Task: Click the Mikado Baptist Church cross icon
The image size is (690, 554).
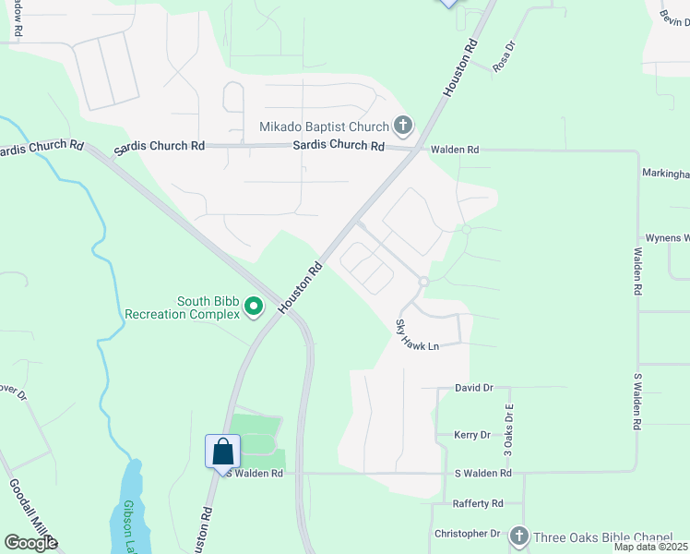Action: [x=402, y=125]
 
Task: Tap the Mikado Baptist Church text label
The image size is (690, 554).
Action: [x=325, y=126]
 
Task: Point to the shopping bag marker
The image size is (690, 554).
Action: [x=222, y=452]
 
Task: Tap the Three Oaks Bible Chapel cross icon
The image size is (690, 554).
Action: [x=518, y=536]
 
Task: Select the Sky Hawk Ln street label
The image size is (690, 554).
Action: [x=416, y=333]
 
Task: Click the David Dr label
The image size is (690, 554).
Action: [x=474, y=389]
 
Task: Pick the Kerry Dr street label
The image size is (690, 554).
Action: [x=471, y=435]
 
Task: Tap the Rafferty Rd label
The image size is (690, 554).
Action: [x=478, y=504]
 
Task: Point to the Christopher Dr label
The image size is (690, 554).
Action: [x=467, y=534]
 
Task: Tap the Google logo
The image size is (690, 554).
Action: [x=30, y=542]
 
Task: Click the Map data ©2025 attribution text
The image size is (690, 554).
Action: [x=649, y=547]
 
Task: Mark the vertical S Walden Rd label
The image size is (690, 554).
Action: [x=636, y=402]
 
